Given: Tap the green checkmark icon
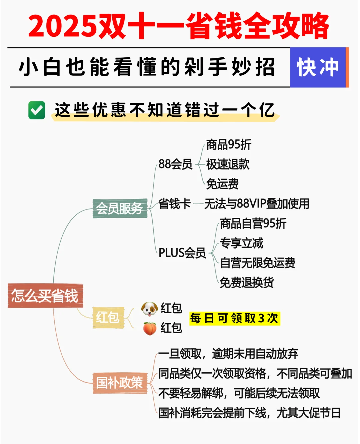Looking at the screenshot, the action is coord(37,110).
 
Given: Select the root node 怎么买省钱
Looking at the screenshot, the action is coord(45,296).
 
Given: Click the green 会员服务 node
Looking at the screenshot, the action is coord(120,208).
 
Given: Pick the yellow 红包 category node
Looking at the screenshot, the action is coord(108,317).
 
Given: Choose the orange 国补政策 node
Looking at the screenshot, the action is coord(120,383).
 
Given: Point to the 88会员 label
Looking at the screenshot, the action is coord(175,164).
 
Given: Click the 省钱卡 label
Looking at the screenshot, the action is coord(174,203).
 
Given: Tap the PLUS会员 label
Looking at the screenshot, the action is coord(182,253).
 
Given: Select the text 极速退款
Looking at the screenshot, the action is coord(228,164).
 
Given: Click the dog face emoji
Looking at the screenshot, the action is coord(149,309).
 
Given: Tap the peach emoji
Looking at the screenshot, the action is coord(150,328).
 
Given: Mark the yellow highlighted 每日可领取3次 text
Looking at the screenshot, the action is coord(234,318).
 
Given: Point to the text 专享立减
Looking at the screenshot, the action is coord(241,243).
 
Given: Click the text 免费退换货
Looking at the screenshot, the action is coord(247,283).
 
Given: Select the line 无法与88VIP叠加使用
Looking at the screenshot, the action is coord(257,203).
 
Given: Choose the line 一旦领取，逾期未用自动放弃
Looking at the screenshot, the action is coord(228,354).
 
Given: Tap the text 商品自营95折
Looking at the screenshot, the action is coord(253,224).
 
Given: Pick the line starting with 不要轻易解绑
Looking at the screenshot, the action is coord(239,393).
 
